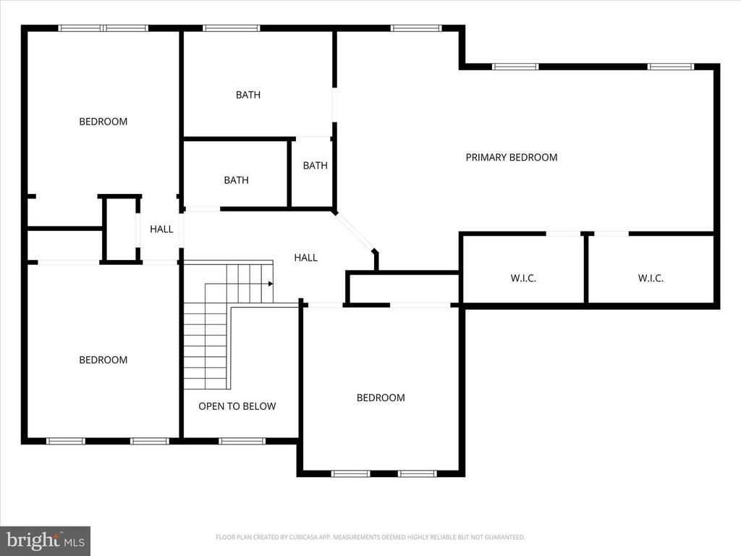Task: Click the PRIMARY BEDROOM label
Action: [x=511, y=157]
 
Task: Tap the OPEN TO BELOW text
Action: [x=237, y=406]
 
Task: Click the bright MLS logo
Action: [x=45, y=540]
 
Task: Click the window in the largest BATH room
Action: [x=231, y=28]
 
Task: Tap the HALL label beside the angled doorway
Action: [x=305, y=257]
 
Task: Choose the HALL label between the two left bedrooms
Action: [x=161, y=229]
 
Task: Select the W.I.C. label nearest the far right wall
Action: [x=651, y=278]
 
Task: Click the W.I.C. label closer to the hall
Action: [x=523, y=278]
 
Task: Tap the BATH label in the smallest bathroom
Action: [x=315, y=165]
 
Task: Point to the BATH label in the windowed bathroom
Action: [x=247, y=95]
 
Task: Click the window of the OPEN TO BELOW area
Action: [x=242, y=440]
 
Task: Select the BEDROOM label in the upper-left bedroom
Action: [x=103, y=122]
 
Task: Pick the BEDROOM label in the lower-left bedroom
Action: [x=103, y=360]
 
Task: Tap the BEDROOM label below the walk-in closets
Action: [x=381, y=397]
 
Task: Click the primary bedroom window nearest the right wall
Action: [x=670, y=67]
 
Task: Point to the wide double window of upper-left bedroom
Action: [x=103, y=28]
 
